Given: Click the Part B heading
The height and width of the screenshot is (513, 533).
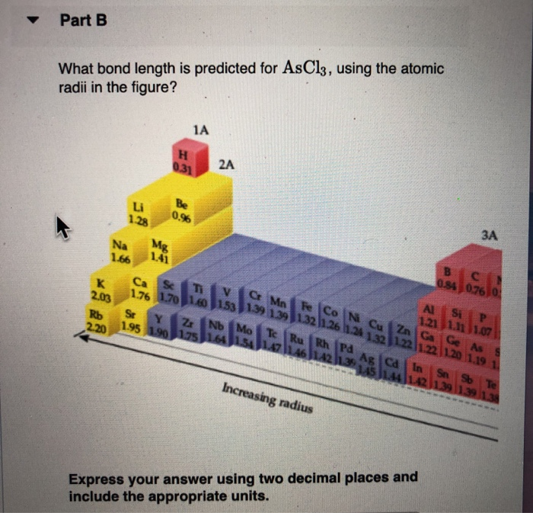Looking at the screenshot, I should tap(83, 21).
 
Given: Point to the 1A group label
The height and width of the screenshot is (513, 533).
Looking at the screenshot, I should tap(200, 130).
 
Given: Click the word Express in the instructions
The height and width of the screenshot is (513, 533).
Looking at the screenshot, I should tap(97, 478).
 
